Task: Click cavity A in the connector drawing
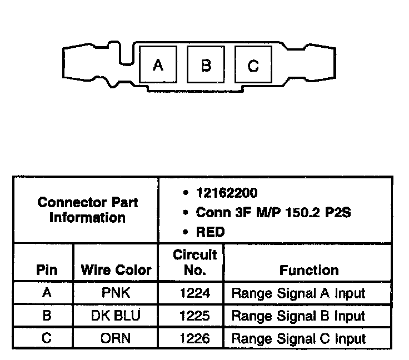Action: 158,66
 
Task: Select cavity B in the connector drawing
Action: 206,66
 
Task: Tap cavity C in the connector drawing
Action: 253,66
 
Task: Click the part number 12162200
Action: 226,193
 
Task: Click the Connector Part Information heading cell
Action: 87,210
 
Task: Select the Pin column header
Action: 47,270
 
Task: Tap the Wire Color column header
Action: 116,270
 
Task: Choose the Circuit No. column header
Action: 194,263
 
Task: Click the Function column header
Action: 309,270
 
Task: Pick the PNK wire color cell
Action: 116,293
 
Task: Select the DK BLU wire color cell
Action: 116,316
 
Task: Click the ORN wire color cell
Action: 116,338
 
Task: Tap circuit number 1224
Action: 194,293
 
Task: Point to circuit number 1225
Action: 194,316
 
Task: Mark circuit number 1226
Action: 194,338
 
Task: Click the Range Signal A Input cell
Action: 298,293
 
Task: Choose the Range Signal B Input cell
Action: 298,316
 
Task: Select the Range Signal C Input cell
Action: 298,338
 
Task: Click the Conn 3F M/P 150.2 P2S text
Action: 273,212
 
